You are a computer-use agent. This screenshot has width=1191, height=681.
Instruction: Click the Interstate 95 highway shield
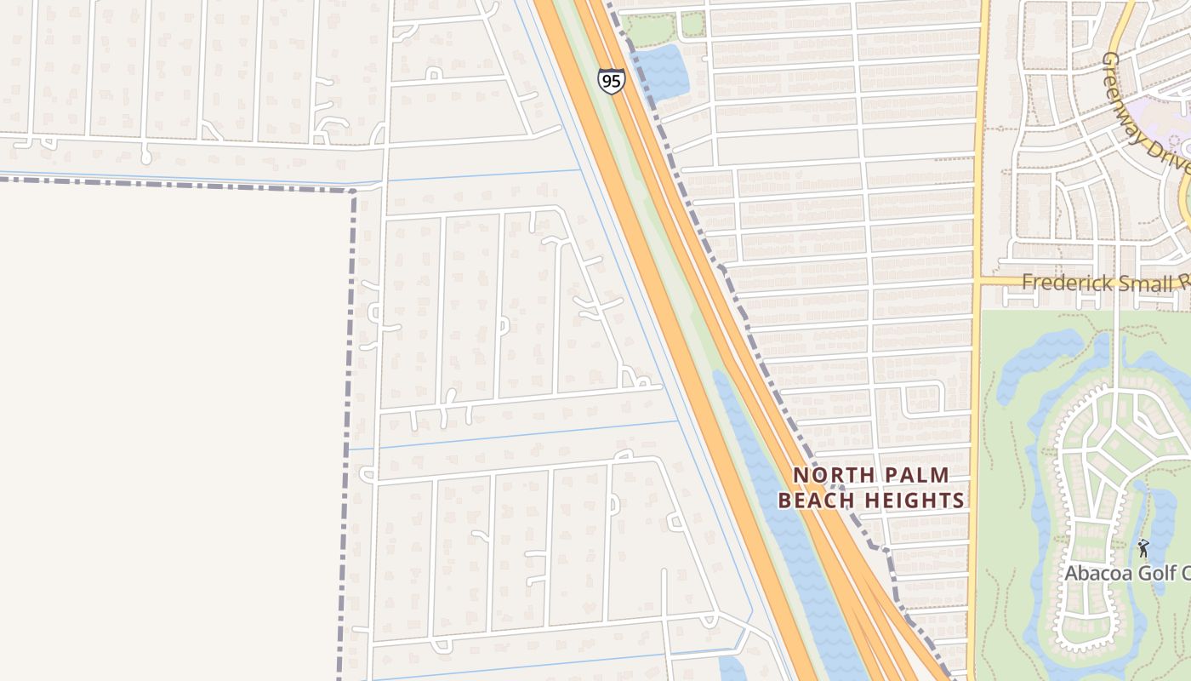click(x=611, y=82)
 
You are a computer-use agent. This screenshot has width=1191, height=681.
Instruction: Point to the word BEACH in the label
click(x=820, y=501)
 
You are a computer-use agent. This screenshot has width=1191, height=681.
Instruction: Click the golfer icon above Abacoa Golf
click(x=1143, y=548)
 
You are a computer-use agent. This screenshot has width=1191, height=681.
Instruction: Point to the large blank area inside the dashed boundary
click(x=170, y=426)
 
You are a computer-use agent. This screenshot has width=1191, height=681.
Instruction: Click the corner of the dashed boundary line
click(x=352, y=191)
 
